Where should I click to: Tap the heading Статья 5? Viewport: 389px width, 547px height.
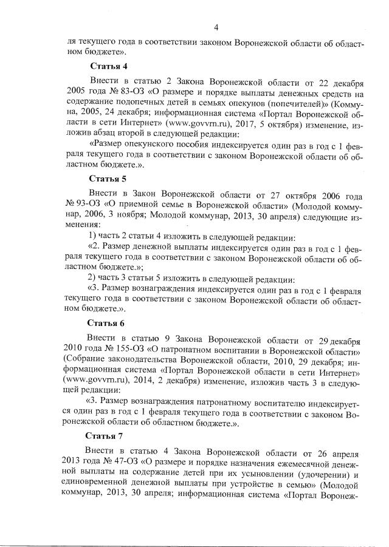108,178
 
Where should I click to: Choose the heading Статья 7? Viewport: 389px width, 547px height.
105,435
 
